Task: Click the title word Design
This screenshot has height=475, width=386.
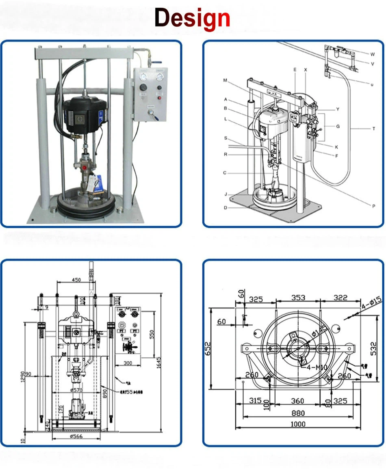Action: point(192,19)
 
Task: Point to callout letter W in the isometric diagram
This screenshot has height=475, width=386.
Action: point(372,54)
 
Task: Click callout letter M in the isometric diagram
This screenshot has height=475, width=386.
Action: point(225,80)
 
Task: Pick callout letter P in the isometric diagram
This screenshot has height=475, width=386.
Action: point(373,206)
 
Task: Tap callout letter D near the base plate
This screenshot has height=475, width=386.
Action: point(225,207)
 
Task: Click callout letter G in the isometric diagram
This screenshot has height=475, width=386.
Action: point(338,126)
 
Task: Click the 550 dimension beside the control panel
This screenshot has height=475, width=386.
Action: point(152,334)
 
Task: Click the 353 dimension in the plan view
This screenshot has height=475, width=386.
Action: point(298,298)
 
